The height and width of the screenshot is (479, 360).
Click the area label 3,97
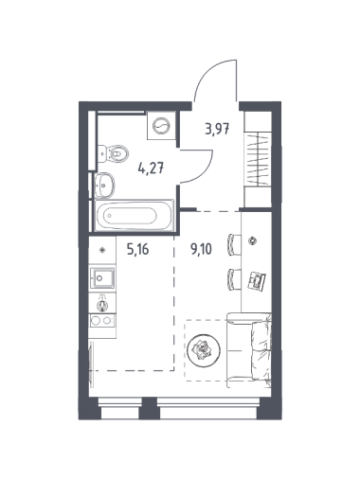pos(217,129)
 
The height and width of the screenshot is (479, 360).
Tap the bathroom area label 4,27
pos(151,169)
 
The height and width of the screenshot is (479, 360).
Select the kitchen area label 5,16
pos(137,250)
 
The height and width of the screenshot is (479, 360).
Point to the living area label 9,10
pos(201,250)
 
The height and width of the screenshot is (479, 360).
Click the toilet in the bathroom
pos(113,153)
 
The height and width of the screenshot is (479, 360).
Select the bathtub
pos(135,216)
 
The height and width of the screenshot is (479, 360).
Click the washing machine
pos(161,126)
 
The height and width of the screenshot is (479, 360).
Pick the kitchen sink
pos(102,278)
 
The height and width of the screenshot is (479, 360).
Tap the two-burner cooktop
pos(102,321)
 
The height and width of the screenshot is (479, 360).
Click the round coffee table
pos(204,349)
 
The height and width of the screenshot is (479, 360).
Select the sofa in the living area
pos(249,350)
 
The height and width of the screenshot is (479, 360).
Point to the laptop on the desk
pos(257,279)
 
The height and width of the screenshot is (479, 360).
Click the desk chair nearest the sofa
pos(234,279)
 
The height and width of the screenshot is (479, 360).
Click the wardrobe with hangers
pos(258,159)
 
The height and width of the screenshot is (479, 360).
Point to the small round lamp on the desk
pos(252,240)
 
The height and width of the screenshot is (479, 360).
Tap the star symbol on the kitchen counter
pos(102,250)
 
